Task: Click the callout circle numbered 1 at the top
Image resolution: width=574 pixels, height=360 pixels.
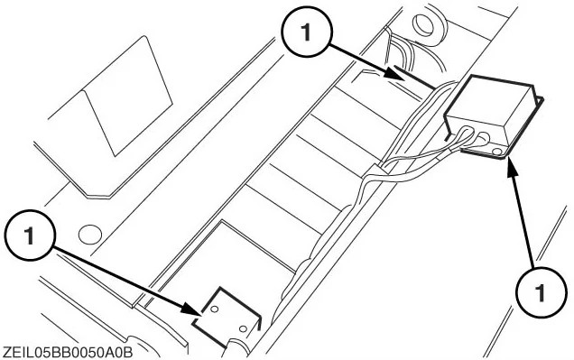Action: tap(307, 32)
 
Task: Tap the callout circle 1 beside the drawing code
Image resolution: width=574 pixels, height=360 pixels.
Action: tap(30, 235)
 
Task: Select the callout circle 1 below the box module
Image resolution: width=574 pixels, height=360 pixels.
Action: tap(541, 292)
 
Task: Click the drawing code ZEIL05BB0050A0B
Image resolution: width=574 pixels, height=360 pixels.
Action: tap(67, 353)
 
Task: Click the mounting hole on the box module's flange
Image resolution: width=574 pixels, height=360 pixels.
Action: tap(496, 151)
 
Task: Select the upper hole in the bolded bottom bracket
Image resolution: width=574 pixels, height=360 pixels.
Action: tap(215, 309)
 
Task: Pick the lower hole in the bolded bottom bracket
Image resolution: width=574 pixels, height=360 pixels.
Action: tap(243, 328)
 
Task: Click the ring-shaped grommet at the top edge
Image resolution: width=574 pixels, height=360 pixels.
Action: tap(428, 24)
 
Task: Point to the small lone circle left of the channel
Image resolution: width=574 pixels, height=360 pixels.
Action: tap(89, 235)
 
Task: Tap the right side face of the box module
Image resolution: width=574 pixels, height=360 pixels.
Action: tap(521, 117)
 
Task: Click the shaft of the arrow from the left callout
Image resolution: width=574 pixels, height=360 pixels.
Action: tap(123, 278)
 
